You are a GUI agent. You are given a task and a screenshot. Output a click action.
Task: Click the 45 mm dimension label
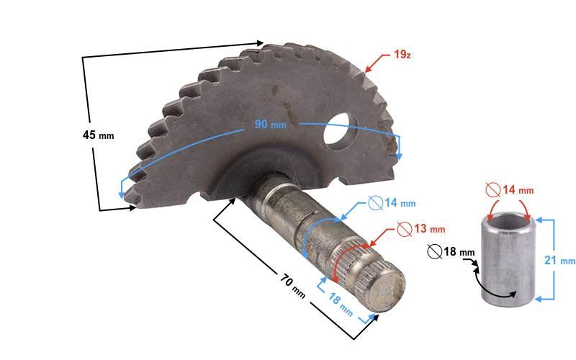coord(98,135)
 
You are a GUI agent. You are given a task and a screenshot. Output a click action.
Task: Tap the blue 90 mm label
coord(270,124)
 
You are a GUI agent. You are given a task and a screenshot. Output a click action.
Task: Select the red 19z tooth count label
coord(402,55)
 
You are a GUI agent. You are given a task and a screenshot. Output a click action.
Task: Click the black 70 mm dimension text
coord(293,287)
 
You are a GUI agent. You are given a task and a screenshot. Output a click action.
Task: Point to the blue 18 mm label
coord(341,305)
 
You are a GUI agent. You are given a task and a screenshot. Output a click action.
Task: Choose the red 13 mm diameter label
coord(429,229)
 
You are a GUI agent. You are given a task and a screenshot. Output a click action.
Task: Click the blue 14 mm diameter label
coord(400,203)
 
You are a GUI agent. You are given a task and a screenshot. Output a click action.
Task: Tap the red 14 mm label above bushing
coord(518,190)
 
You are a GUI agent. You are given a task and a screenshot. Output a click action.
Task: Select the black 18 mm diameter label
coord(459,251)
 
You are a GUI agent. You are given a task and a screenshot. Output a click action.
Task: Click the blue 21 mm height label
coord(559,260)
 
